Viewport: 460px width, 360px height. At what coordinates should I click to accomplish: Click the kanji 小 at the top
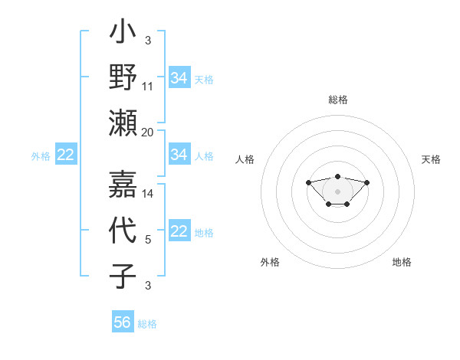(x=123, y=34)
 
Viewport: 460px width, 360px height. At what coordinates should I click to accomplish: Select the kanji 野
(x=123, y=77)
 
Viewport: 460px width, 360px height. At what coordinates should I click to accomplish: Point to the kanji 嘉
(x=123, y=185)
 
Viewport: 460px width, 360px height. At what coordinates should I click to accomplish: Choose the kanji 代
(x=123, y=231)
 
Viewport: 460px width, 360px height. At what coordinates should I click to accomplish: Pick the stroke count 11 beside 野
(x=148, y=87)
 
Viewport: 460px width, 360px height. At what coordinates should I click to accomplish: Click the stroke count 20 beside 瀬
(x=148, y=133)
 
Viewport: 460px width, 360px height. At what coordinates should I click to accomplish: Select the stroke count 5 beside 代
(x=148, y=241)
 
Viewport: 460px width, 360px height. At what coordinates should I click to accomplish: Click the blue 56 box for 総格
(x=123, y=322)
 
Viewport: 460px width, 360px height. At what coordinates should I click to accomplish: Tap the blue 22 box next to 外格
(x=66, y=155)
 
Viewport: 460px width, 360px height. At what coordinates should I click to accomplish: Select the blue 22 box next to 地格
(x=179, y=232)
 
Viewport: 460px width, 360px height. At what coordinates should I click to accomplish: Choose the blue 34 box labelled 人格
(x=179, y=155)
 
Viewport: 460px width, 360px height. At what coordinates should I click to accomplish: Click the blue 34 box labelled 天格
(x=179, y=77)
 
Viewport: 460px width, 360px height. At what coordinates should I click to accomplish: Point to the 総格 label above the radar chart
(x=337, y=100)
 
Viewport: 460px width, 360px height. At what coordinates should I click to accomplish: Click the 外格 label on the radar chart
(x=270, y=262)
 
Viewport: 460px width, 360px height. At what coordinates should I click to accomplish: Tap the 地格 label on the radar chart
(x=402, y=262)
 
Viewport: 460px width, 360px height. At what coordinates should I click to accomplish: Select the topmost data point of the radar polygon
(x=337, y=176)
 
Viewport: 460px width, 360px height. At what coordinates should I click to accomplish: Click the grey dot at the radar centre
(x=337, y=191)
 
